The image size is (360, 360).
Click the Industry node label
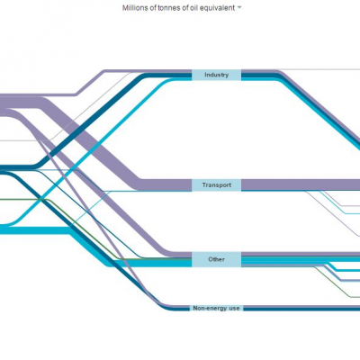[x=216, y=75]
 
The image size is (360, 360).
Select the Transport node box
[x=216, y=185]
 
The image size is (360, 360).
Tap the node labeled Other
[x=216, y=259]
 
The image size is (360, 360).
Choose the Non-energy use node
[x=216, y=308]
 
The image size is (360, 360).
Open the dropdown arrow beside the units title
[x=239, y=8]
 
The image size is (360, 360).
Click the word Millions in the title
[x=134, y=8]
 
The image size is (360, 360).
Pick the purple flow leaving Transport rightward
[x=301, y=184]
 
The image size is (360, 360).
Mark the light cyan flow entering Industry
[x=90, y=150]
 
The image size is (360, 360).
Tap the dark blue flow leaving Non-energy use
[x=301, y=309]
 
